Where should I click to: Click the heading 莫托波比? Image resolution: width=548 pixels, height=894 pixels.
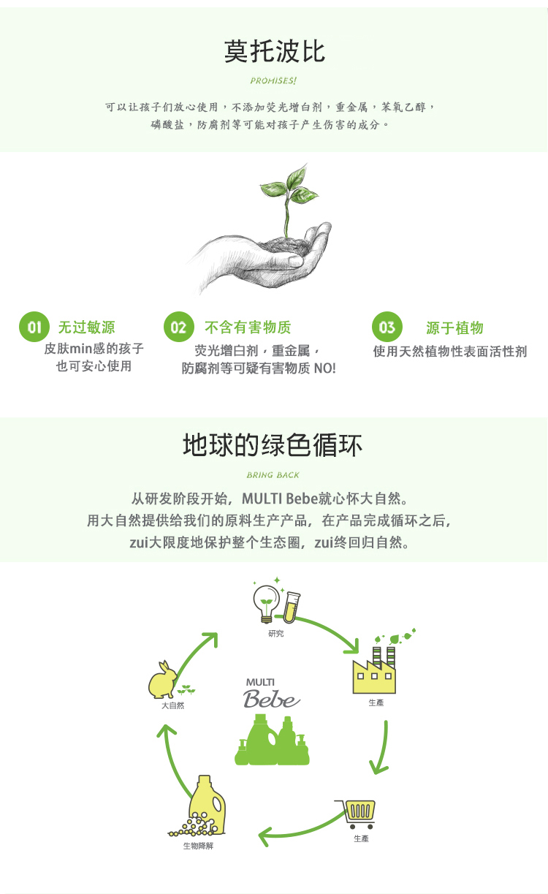(x=275, y=51)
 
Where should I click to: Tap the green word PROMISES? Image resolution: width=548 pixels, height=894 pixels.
(x=273, y=80)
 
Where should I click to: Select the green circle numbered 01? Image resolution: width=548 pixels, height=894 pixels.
(x=34, y=327)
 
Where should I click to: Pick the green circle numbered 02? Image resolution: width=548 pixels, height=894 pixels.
(x=179, y=327)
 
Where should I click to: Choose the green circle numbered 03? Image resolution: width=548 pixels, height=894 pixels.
(x=387, y=327)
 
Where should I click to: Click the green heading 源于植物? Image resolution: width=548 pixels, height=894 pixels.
(x=454, y=327)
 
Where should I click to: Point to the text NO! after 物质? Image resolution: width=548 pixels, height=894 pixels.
(x=324, y=368)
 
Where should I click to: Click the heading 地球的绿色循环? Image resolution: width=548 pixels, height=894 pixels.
(x=273, y=445)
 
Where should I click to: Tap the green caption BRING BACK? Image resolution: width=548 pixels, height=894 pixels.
(x=273, y=475)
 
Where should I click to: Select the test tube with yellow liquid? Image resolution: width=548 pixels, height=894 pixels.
(x=292, y=607)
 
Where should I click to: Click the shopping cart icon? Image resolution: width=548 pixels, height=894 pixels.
(x=356, y=814)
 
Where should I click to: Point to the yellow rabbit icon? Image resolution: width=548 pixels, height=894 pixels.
(x=162, y=680)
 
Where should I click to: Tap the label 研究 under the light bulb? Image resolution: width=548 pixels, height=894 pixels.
(x=276, y=633)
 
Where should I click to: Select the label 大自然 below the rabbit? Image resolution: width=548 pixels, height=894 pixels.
(x=172, y=705)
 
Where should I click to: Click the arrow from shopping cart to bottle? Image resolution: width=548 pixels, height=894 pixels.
(x=301, y=830)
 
